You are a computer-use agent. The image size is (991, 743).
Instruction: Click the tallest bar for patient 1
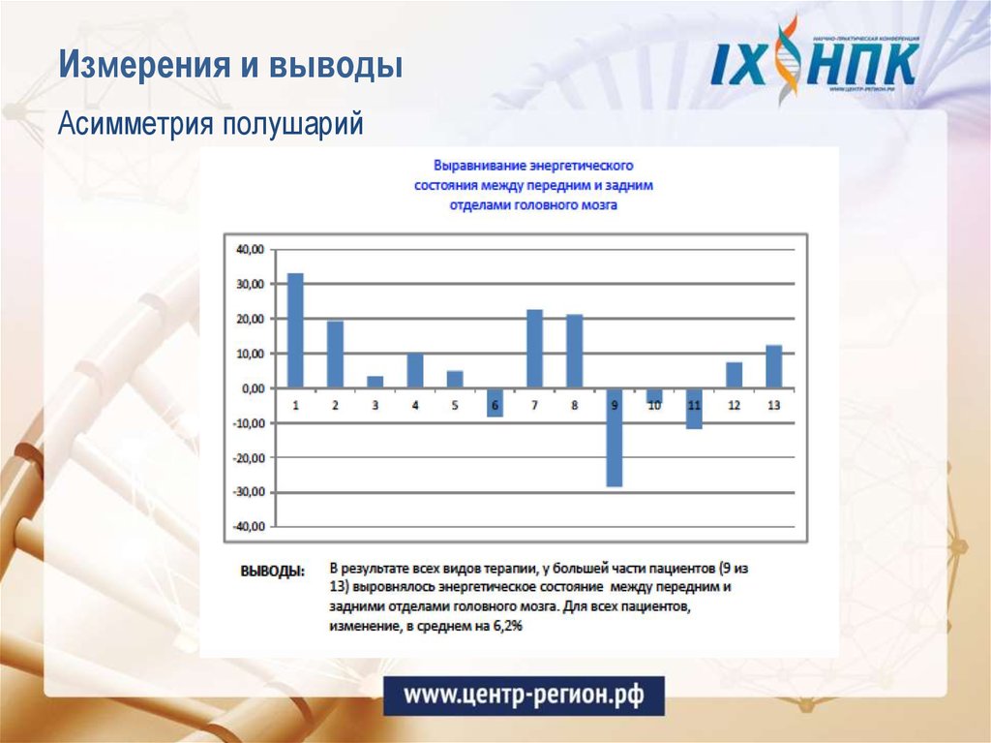click(295, 330)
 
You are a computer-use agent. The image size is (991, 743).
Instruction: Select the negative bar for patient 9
click(614, 437)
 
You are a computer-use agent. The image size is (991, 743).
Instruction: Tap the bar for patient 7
click(534, 349)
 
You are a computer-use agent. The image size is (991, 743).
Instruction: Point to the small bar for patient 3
click(375, 382)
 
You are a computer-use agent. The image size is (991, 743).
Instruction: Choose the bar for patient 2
click(335, 354)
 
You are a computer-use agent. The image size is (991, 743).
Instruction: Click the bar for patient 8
click(574, 351)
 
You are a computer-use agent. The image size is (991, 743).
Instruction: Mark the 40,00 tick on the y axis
click(250, 250)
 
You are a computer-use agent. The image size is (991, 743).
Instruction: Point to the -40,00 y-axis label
click(248, 527)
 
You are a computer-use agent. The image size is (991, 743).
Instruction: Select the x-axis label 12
click(734, 405)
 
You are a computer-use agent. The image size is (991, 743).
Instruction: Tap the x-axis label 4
click(415, 405)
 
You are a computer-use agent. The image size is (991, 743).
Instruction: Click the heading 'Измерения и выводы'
click(230, 67)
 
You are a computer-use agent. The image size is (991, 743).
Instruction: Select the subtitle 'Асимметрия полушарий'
click(210, 124)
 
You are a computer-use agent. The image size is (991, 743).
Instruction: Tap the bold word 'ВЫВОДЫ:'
click(272, 571)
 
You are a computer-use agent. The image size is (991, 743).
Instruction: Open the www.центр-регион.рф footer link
click(523, 696)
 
